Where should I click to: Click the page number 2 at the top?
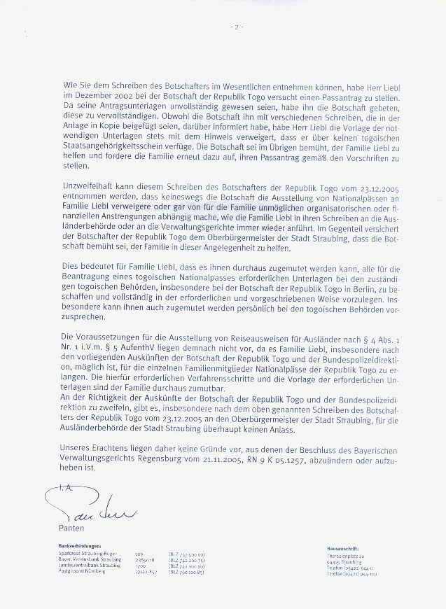[x=237, y=27]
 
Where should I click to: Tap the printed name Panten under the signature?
[x=71, y=528]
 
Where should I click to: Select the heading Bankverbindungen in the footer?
[x=81, y=545]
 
